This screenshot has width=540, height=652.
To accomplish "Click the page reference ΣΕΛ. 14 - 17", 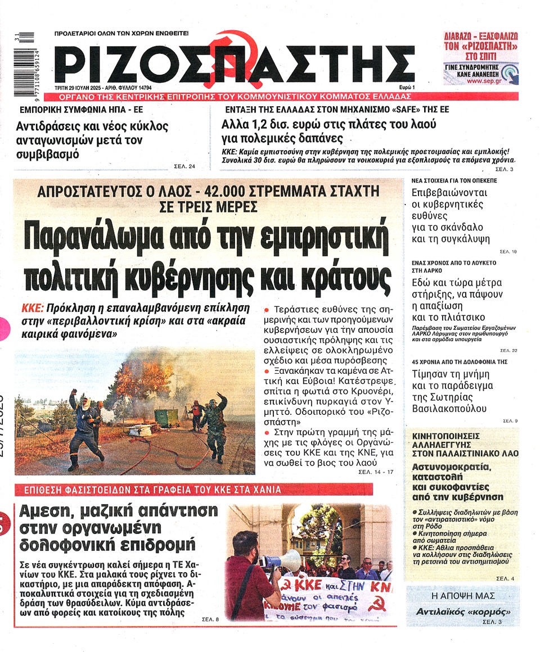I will (x=376, y=473).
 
